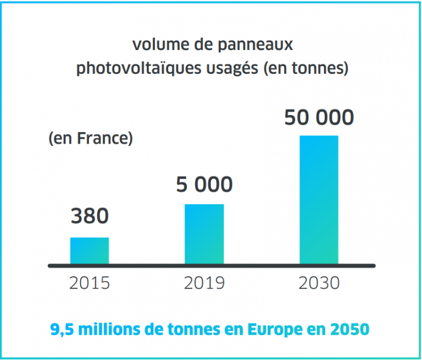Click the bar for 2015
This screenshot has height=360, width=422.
click(90, 250)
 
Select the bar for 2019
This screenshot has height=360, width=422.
click(204, 234)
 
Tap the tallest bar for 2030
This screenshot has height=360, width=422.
click(319, 199)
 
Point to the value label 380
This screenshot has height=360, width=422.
click(90, 216)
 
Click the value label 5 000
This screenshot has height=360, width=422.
click(204, 184)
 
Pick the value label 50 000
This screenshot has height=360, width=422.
click(319, 118)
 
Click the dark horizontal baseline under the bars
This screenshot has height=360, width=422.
click(212, 265)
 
